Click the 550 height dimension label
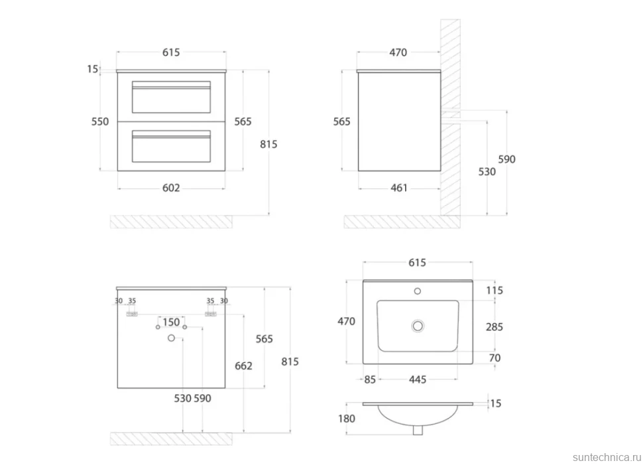pos(100,121)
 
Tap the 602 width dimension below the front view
pos(171,188)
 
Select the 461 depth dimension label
pos(399,188)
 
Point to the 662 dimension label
pos(243,365)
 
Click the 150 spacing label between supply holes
pos(171,322)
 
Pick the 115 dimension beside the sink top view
pos(495,291)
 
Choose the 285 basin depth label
pos(495,327)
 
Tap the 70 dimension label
pos(495,358)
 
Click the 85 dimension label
pos(370,379)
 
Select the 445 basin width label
pos(418,379)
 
